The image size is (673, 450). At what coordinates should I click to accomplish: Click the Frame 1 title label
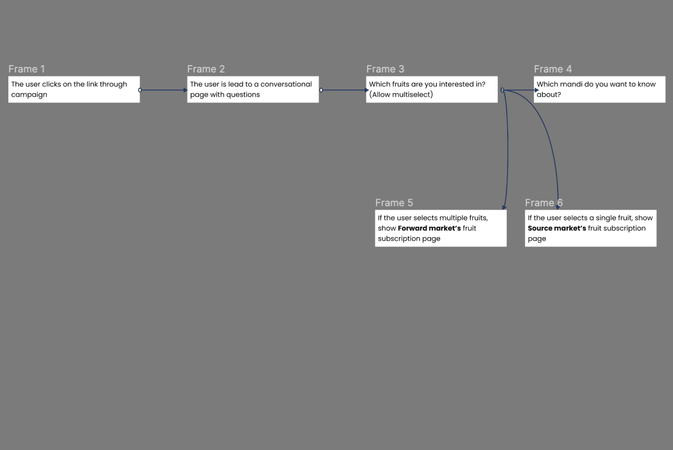(x=27, y=69)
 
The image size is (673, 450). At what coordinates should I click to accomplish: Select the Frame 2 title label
(x=206, y=69)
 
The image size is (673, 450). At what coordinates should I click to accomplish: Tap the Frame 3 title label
(x=385, y=69)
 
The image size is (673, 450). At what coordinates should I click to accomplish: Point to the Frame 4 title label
(x=553, y=69)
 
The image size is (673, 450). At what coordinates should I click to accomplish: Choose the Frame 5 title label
(x=394, y=203)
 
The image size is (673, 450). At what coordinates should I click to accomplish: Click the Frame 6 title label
(x=543, y=203)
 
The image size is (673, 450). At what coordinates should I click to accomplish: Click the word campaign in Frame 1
(x=29, y=95)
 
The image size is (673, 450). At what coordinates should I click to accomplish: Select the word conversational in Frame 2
(x=286, y=84)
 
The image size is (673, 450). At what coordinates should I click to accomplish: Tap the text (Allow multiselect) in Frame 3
(x=401, y=95)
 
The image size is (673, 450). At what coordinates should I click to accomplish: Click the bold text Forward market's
(x=429, y=228)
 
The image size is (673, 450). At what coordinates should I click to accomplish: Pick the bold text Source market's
(x=556, y=228)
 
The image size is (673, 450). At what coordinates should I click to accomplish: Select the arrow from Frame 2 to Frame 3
(x=343, y=90)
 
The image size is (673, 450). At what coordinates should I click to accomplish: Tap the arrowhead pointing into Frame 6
(x=558, y=207)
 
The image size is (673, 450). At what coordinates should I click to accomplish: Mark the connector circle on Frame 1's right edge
(x=140, y=90)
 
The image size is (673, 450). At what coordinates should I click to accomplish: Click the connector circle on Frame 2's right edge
(x=321, y=90)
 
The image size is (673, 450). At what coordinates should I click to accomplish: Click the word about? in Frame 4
(x=549, y=95)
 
